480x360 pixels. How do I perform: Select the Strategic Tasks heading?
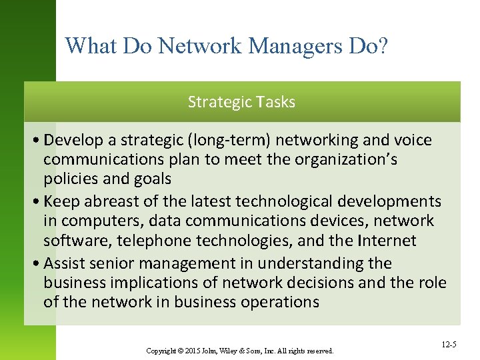(x=241, y=102)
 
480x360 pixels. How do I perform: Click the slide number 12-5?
(x=449, y=345)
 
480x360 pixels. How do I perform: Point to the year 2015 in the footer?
(x=191, y=351)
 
